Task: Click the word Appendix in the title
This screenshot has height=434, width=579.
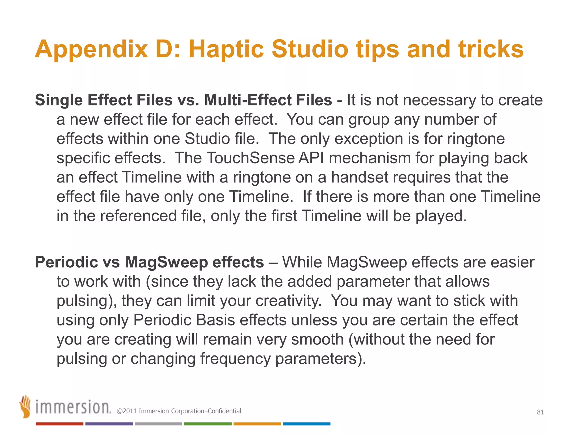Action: coord(91,49)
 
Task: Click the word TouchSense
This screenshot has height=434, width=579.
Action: coord(251,158)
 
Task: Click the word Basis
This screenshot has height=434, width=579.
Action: coord(215,320)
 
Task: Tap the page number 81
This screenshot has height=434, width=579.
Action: coord(540,412)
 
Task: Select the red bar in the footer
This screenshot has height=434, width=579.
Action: coord(60,424)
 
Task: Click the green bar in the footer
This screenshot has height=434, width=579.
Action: coord(208,424)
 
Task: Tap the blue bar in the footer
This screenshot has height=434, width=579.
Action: coord(306,424)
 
